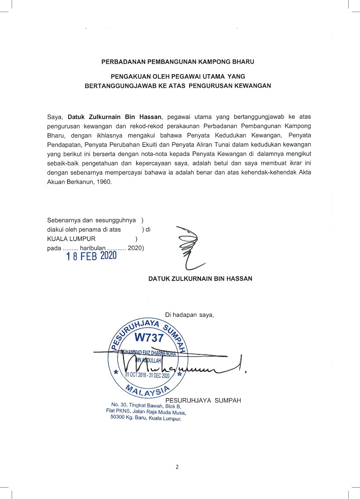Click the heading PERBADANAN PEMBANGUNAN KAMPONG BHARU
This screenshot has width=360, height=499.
[178, 62]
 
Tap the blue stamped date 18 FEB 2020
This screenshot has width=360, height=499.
[92, 256]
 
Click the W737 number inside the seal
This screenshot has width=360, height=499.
[149, 337]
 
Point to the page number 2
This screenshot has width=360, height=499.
[177, 467]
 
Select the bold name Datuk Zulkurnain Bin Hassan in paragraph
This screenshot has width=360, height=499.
[115, 117]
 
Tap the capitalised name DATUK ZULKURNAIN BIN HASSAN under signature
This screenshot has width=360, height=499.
[200, 279]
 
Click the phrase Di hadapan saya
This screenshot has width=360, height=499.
[189, 315]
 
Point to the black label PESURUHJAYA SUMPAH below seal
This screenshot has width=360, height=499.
[203, 400]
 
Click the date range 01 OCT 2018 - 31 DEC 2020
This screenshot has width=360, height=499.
[147, 375]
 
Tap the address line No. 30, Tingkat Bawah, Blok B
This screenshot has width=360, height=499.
[146, 406]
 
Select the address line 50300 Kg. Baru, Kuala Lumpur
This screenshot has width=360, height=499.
[146, 418]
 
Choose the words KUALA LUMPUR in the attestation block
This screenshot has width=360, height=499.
[71, 239]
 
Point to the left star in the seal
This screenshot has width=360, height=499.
[116, 372]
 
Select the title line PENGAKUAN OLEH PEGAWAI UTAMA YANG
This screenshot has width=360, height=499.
[178, 76]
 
